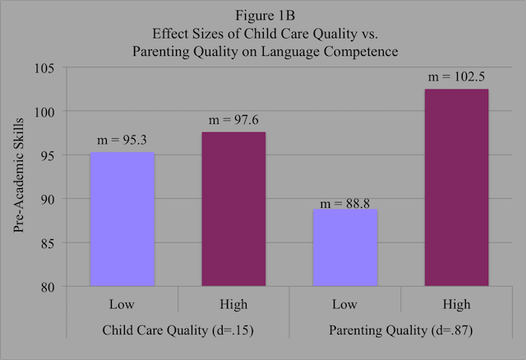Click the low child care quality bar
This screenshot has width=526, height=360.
122,219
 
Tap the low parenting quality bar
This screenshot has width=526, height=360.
344,247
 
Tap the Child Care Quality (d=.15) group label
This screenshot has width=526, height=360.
177,330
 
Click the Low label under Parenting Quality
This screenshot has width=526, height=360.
344,304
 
